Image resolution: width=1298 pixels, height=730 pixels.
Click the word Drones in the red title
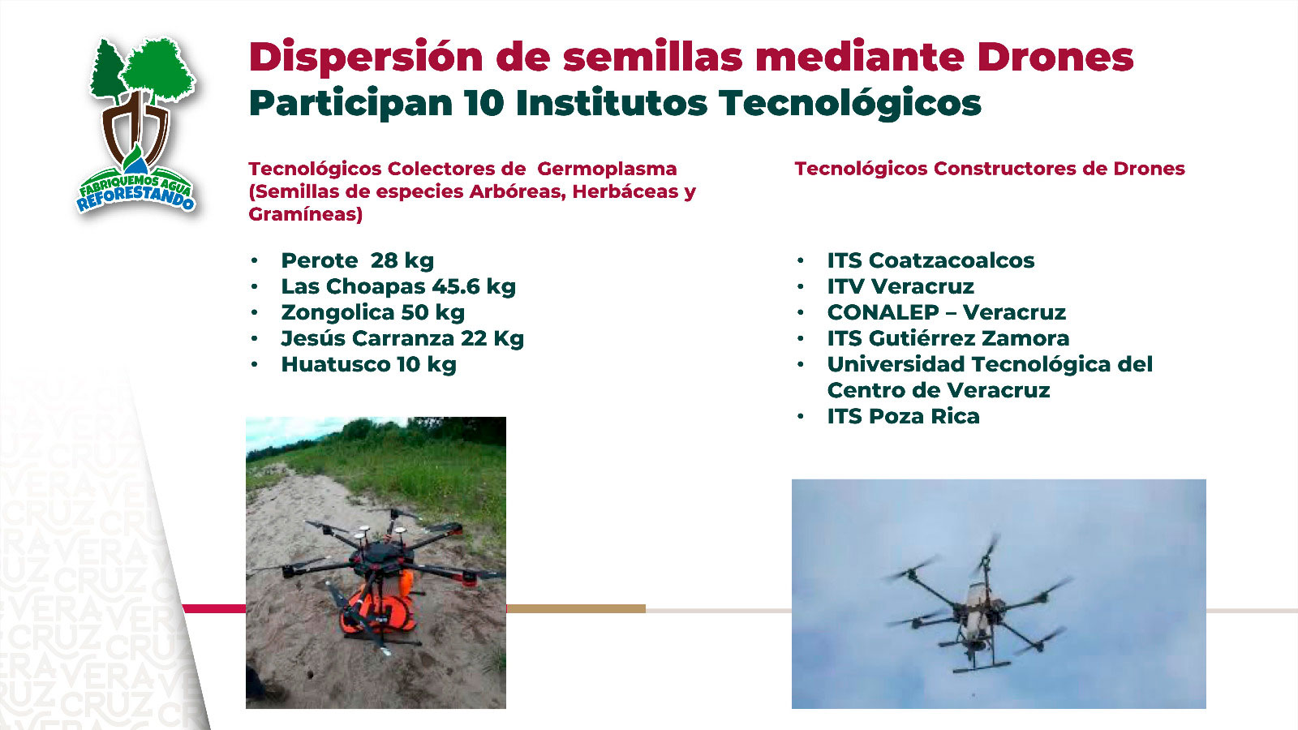[x=1055, y=57]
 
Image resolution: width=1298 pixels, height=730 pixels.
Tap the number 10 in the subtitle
[x=484, y=104]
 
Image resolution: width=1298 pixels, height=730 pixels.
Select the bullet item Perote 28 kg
[x=357, y=260]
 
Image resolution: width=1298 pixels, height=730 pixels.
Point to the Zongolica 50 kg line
[x=372, y=312]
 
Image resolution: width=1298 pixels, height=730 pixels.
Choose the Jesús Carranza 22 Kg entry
[x=402, y=338]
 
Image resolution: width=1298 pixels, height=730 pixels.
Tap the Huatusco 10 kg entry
[x=368, y=364]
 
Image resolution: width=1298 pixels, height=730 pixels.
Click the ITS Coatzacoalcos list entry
[x=931, y=260]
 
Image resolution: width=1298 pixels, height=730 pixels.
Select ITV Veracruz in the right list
[x=900, y=286]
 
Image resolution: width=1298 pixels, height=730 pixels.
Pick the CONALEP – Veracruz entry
[x=946, y=312]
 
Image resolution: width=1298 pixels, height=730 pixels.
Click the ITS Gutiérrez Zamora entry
[x=948, y=338]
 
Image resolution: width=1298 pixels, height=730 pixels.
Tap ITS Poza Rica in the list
[x=903, y=416]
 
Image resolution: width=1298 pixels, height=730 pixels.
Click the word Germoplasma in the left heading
[x=607, y=169]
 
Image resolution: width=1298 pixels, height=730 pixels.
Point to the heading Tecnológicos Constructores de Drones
[x=989, y=169]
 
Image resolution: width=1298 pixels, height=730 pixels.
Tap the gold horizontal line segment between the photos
[x=576, y=608]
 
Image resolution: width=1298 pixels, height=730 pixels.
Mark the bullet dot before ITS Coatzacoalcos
[x=801, y=260]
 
